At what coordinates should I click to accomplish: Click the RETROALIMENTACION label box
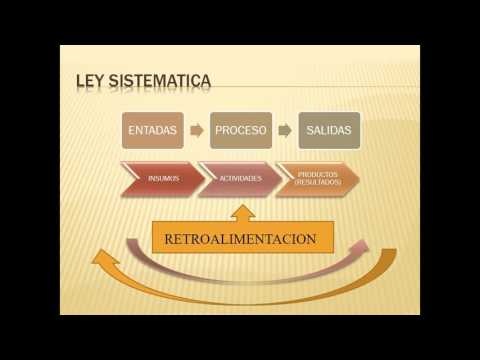pos(242,239)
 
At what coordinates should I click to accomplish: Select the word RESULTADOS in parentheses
pos(319,184)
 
